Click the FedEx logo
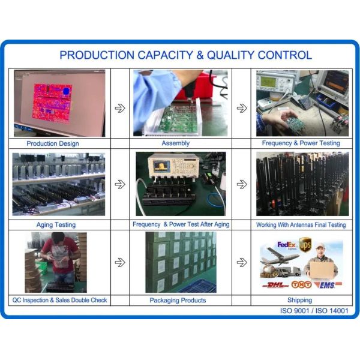pyautogui.click(x=286, y=245)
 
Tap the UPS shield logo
pyautogui.click(x=305, y=245)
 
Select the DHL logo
pyautogui.click(x=275, y=285)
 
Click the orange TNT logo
pyautogui.click(x=301, y=284)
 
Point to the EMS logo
pyautogui.click(x=328, y=285)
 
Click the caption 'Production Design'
pyautogui.click(x=53, y=143)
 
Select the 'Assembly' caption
pyautogui.click(x=175, y=143)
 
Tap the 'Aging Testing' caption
pyautogui.click(x=56, y=224)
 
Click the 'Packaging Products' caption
pyautogui.click(x=178, y=300)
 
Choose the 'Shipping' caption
pyautogui.click(x=299, y=300)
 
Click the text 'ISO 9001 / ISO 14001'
pyautogui.click(x=314, y=311)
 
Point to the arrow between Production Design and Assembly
pyautogui.click(x=120, y=108)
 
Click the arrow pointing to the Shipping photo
pyautogui.click(x=242, y=262)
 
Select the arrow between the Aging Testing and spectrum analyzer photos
pyautogui.click(x=120, y=184)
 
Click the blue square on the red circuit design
pyautogui.click(x=67, y=91)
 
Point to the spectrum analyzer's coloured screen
pyautogui.click(x=161, y=166)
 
